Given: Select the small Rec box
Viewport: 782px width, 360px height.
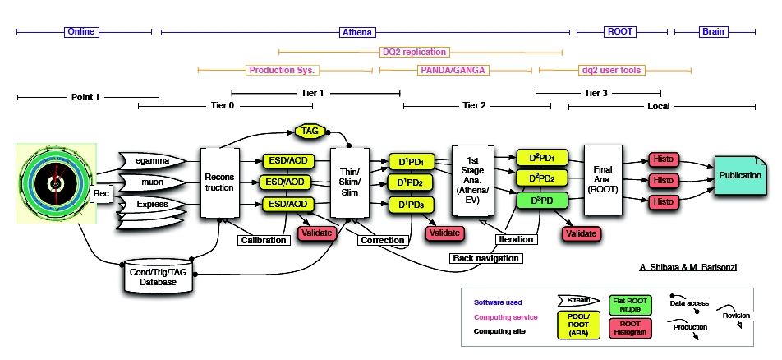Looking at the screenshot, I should coord(101,193).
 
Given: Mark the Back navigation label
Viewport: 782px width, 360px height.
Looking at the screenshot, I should coord(485,258).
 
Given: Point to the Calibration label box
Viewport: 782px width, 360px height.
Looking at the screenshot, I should coord(264,240).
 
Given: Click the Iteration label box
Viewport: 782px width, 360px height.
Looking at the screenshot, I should coord(516,239).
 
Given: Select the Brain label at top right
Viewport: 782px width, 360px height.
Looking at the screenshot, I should coord(713,32).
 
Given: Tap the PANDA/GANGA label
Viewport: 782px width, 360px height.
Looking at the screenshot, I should coord(454,71).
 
